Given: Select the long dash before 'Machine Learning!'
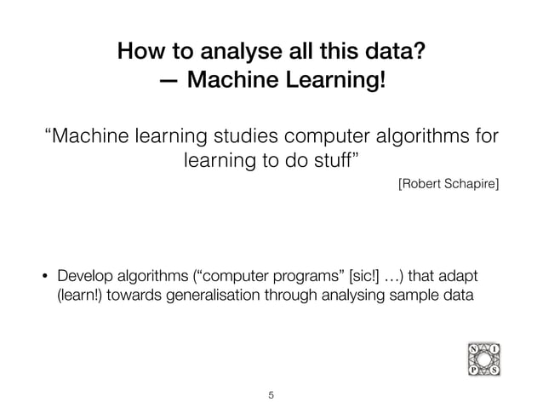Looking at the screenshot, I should coord(169,82).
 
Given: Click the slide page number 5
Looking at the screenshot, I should coord(271,394).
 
